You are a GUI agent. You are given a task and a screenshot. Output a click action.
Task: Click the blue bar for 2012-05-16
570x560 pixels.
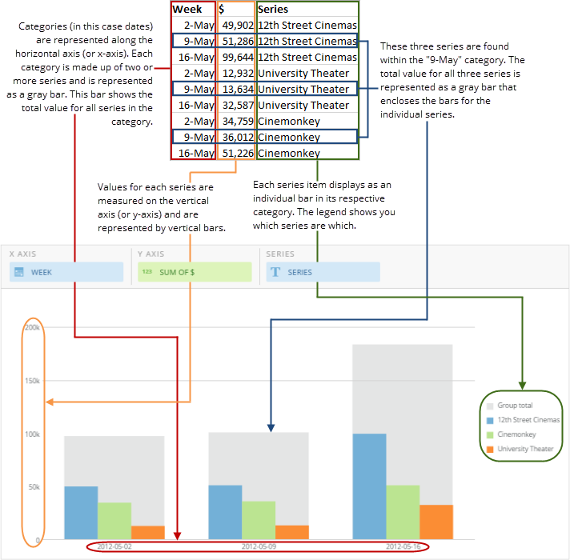[x=369, y=486]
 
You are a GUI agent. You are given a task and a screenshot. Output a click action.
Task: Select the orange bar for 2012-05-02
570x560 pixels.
[x=148, y=532]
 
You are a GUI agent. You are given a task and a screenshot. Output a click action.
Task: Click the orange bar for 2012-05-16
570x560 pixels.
[x=436, y=522]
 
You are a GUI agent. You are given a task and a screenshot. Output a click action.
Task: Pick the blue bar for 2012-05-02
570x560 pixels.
[x=81, y=512]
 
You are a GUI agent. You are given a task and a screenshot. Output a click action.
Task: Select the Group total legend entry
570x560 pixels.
[x=514, y=406]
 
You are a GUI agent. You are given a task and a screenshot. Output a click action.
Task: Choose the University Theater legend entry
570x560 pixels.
[x=524, y=449]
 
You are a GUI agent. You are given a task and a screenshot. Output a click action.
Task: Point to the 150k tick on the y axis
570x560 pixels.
[x=32, y=381]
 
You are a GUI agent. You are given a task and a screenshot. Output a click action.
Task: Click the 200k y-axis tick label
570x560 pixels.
[x=32, y=327]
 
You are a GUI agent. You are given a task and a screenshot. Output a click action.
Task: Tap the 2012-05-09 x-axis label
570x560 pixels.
[x=259, y=546]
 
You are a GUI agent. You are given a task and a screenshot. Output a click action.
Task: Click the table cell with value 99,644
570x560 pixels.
[x=237, y=58]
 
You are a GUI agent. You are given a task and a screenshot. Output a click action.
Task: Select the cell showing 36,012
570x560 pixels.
[x=237, y=137]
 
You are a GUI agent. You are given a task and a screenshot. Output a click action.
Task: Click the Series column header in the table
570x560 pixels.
[x=274, y=10]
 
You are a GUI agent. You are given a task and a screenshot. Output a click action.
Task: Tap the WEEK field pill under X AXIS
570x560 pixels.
[x=66, y=272]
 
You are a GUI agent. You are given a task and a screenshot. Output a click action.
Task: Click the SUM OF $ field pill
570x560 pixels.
[x=195, y=272]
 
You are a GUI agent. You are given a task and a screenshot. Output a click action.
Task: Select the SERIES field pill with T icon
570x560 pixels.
[x=323, y=272]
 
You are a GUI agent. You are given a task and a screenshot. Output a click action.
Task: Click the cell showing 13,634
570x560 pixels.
[x=237, y=89]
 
